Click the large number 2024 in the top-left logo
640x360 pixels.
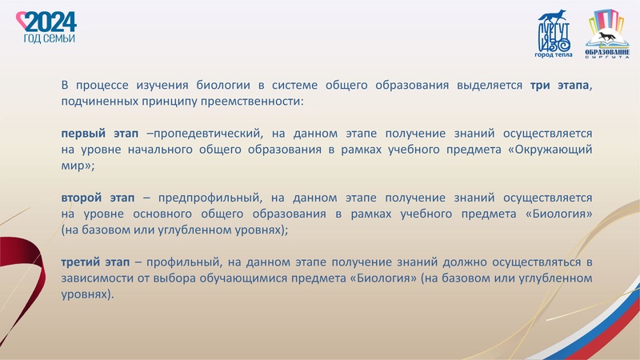click(50, 21)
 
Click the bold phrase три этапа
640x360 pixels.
click(559, 86)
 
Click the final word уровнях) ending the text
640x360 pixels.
click(87, 294)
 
